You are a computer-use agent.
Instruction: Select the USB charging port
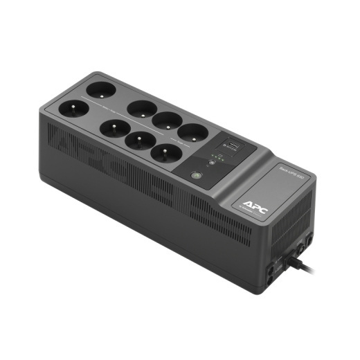point(229,146)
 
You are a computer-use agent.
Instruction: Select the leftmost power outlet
point(73,109)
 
